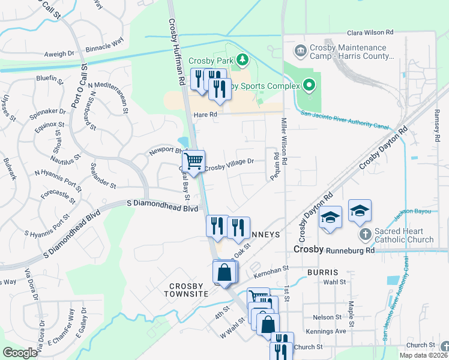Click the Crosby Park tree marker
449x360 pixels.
pos(242,59)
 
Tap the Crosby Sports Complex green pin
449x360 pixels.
pos(309,86)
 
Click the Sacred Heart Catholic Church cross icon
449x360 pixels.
pos(364,233)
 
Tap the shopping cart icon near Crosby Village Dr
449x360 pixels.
pos(193,161)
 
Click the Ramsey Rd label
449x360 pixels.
pos(436,127)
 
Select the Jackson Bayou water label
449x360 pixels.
pos(412,212)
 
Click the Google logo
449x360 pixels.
pos(20,353)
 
